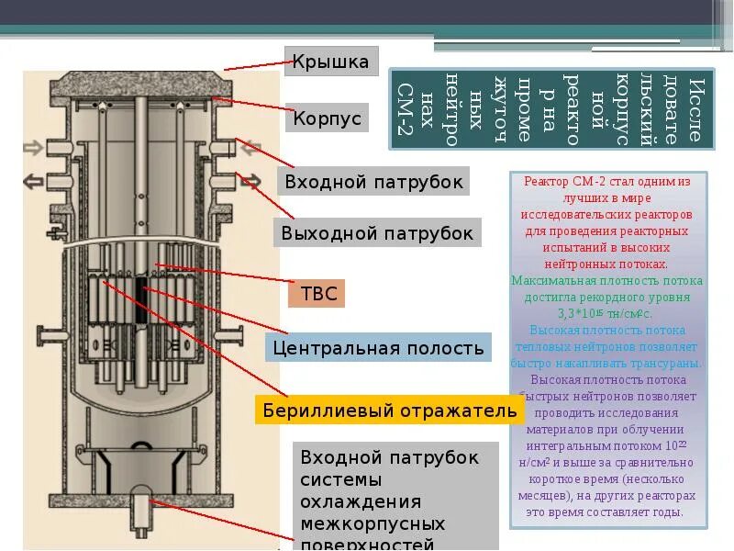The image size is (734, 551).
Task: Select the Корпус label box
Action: tap(328, 118)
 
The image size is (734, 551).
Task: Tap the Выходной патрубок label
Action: tap(377, 233)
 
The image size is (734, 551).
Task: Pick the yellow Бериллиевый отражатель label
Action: tap(389, 410)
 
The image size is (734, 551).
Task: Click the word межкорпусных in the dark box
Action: tap(373, 524)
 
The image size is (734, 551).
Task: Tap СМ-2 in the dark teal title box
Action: tap(405, 110)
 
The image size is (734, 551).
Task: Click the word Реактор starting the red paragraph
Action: tap(541, 182)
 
